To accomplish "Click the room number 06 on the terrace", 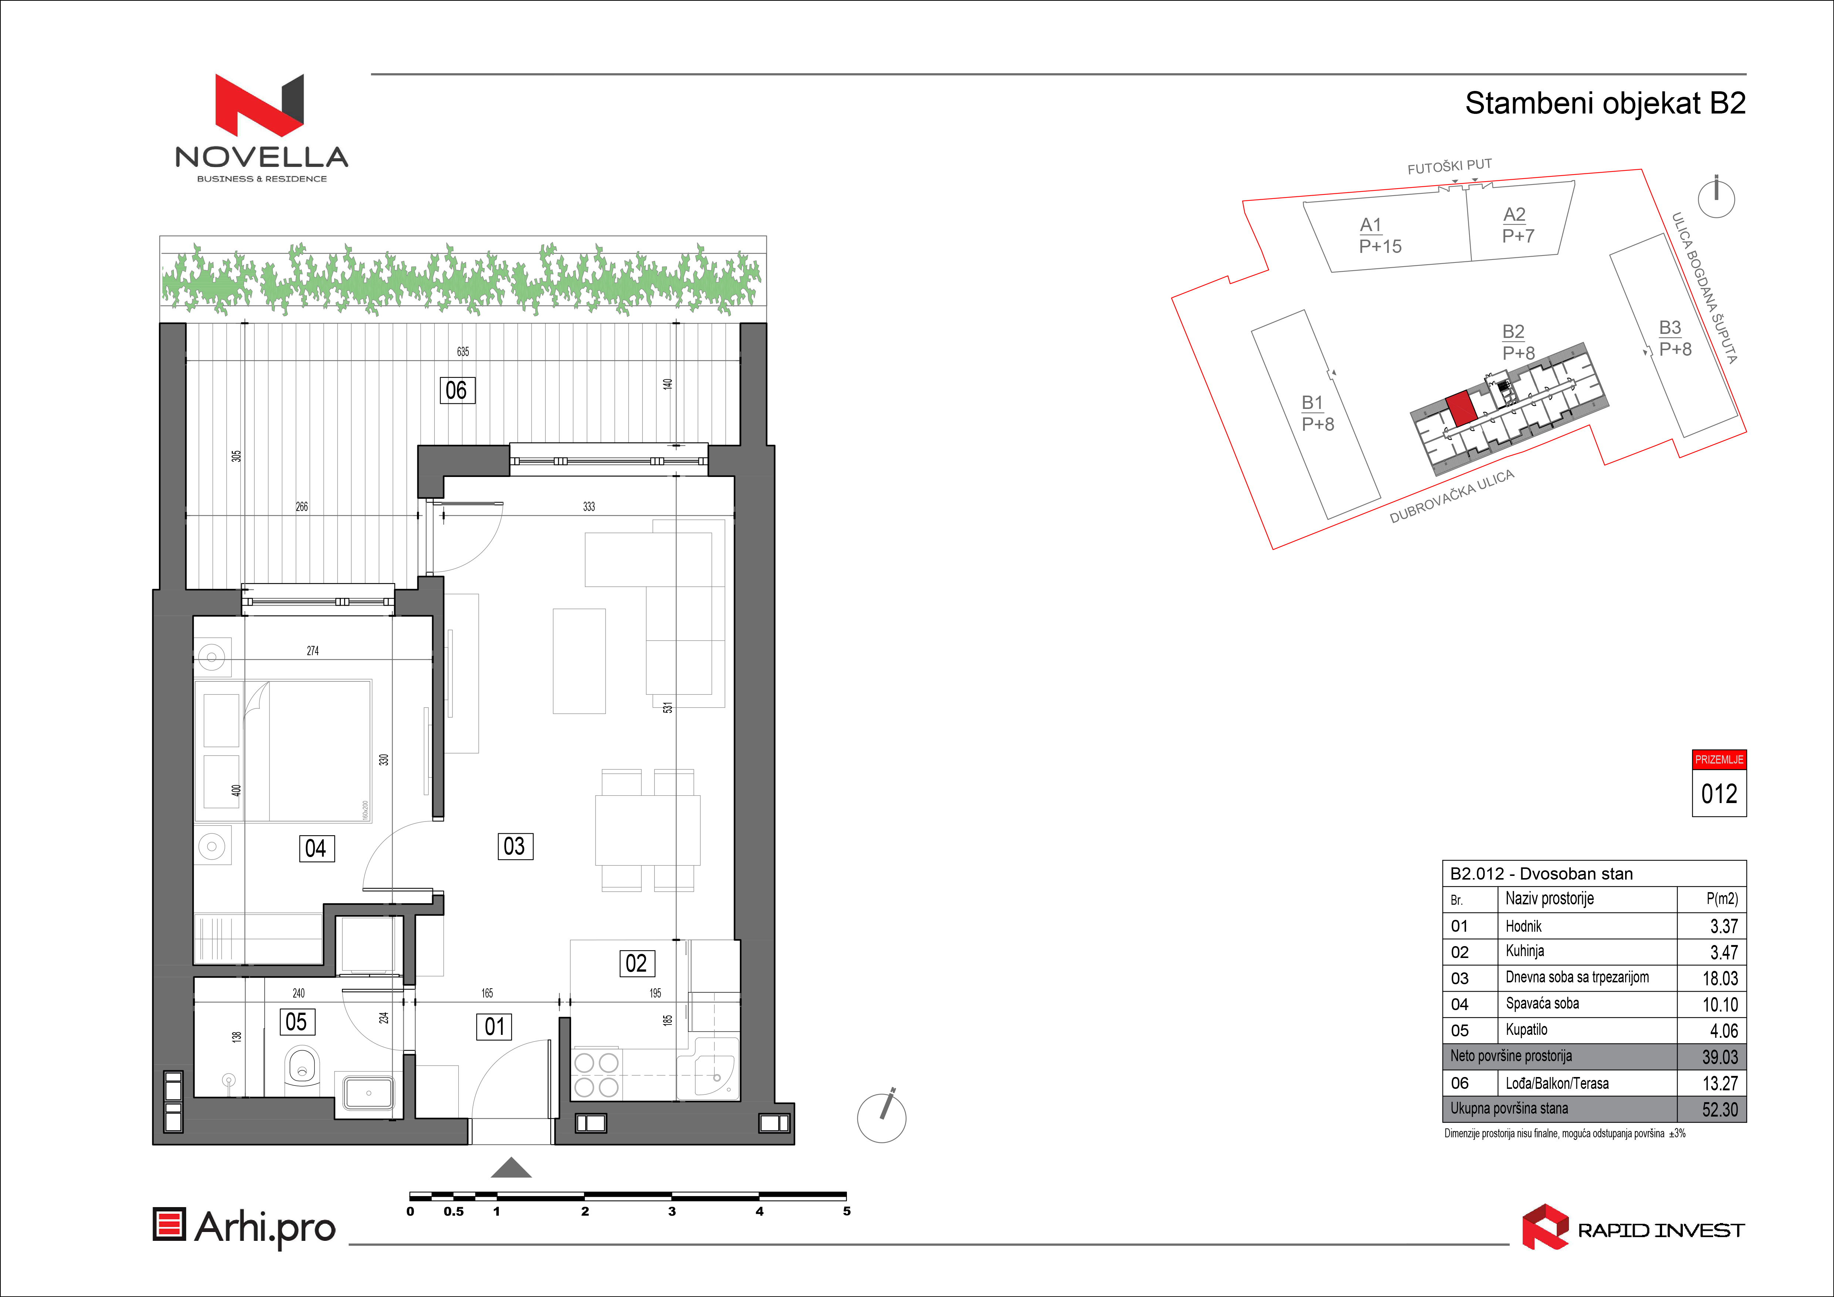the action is coord(457,390).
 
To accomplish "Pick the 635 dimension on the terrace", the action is coord(463,351).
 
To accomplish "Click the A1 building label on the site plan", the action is coord(1371,224).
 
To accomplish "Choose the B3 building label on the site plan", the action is coord(1670,328).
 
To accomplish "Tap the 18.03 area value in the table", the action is coord(1720,978).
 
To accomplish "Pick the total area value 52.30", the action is coord(1720,1109).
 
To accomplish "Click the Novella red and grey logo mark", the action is coord(260,105).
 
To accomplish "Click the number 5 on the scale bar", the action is coord(847,1212).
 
